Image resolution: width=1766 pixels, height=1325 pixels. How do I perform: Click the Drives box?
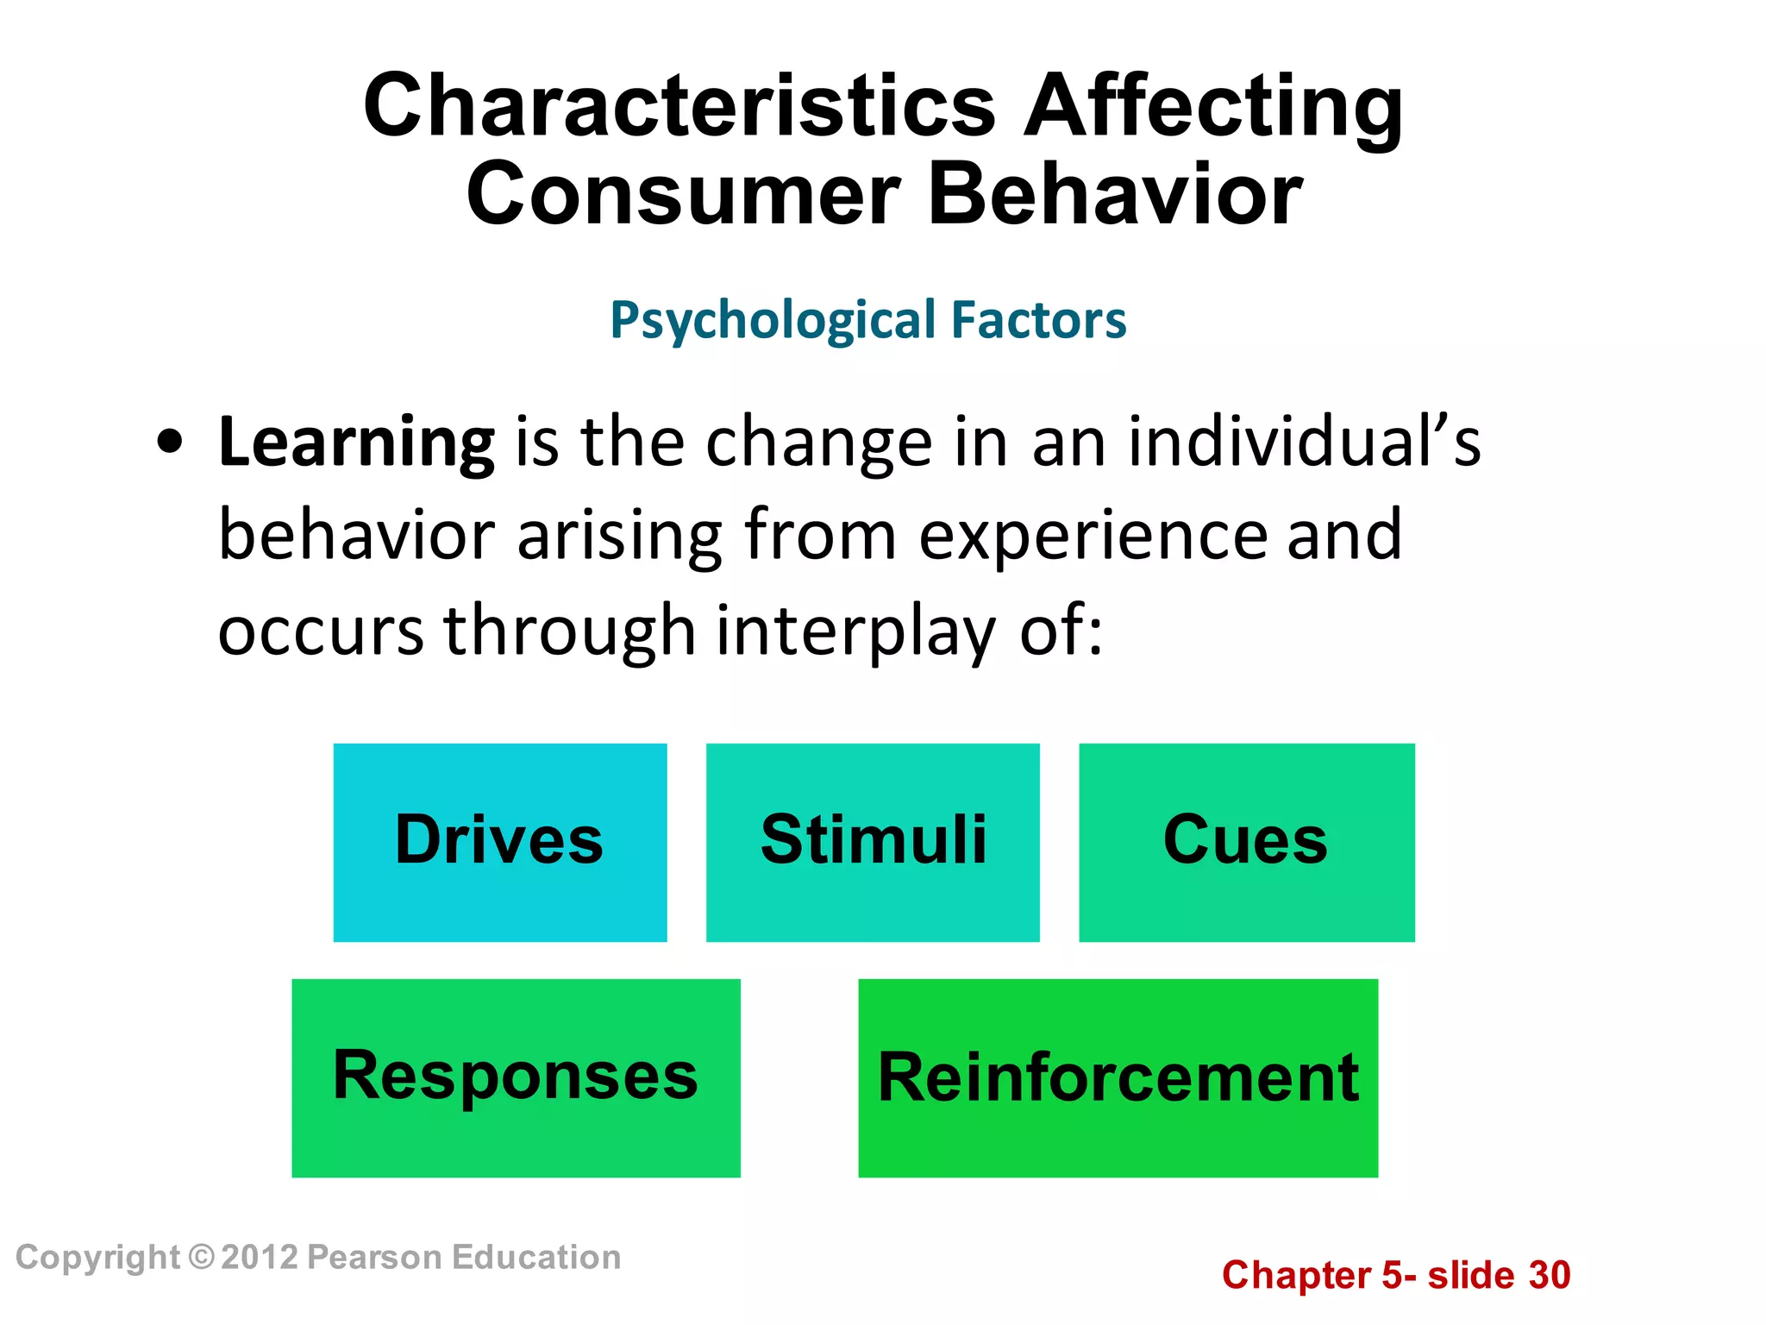pos(500,842)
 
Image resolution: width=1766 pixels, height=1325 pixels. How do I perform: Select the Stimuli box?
pos(873,842)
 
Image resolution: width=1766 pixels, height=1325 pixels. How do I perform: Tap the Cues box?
pos(1246,842)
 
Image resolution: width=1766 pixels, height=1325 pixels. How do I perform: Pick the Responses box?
pos(516,1077)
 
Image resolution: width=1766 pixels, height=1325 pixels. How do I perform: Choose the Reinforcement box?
pos(1118,1077)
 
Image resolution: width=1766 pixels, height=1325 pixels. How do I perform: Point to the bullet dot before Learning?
pos(170,443)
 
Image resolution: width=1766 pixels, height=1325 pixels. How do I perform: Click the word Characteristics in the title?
pos(679,107)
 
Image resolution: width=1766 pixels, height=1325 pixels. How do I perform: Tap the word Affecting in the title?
pos(1213,107)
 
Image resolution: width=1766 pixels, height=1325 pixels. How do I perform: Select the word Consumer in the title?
pos(683,195)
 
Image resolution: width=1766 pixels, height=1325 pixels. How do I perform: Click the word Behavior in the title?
pos(1114,195)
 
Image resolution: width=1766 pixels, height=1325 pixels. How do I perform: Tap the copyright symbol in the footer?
pos(200,1257)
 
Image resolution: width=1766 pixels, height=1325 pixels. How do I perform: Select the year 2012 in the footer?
pos(259,1257)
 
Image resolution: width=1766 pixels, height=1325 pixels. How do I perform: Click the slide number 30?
pos(1550,1275)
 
